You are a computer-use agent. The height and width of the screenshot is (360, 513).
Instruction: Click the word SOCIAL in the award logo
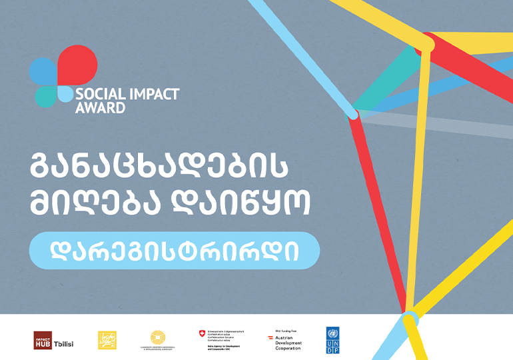95,95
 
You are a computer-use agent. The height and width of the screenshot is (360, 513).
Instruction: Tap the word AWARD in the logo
100,107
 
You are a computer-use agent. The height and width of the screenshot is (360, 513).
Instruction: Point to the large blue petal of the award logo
43,72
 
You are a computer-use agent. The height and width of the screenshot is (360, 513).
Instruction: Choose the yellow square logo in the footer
107,339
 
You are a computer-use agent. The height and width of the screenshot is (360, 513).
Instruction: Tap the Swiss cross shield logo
202,334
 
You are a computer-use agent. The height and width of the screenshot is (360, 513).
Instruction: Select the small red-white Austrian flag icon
270,339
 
